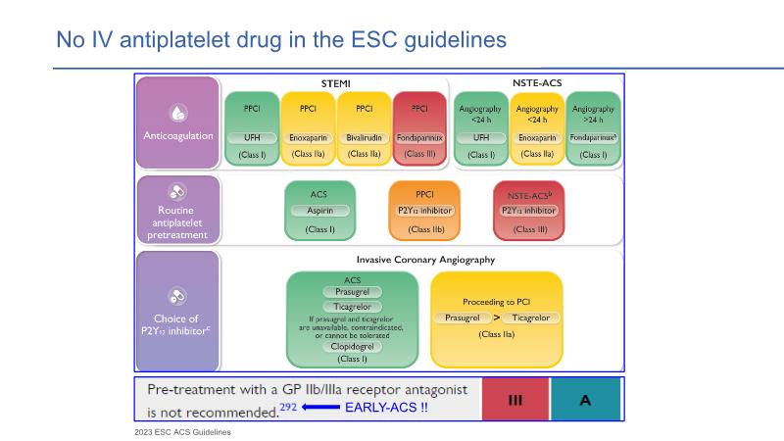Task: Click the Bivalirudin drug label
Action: tap(364, 138)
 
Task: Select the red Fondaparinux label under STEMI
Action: tap(419, 138)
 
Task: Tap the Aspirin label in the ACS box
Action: tap(319, 211)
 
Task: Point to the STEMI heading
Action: tap(336, 84)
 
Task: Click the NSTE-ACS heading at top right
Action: tap(538, 84)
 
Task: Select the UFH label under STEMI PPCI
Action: tap(252, 138)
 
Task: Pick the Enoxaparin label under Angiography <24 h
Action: tap(537, 138)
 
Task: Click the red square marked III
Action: tap(514, 399)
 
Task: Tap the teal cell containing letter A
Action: tap(585, 399)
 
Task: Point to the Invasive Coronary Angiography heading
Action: tap(424, 260)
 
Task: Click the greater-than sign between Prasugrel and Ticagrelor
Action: tap(497, 318)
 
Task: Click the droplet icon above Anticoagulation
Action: tap(178, 112)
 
